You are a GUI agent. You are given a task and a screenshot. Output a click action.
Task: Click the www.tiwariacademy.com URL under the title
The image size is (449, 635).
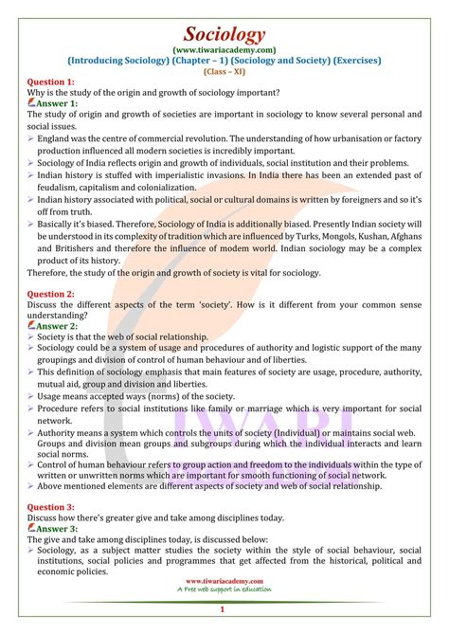(x=224, y=37)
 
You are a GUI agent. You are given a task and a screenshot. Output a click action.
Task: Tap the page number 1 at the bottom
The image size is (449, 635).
(x=224, y=613)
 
